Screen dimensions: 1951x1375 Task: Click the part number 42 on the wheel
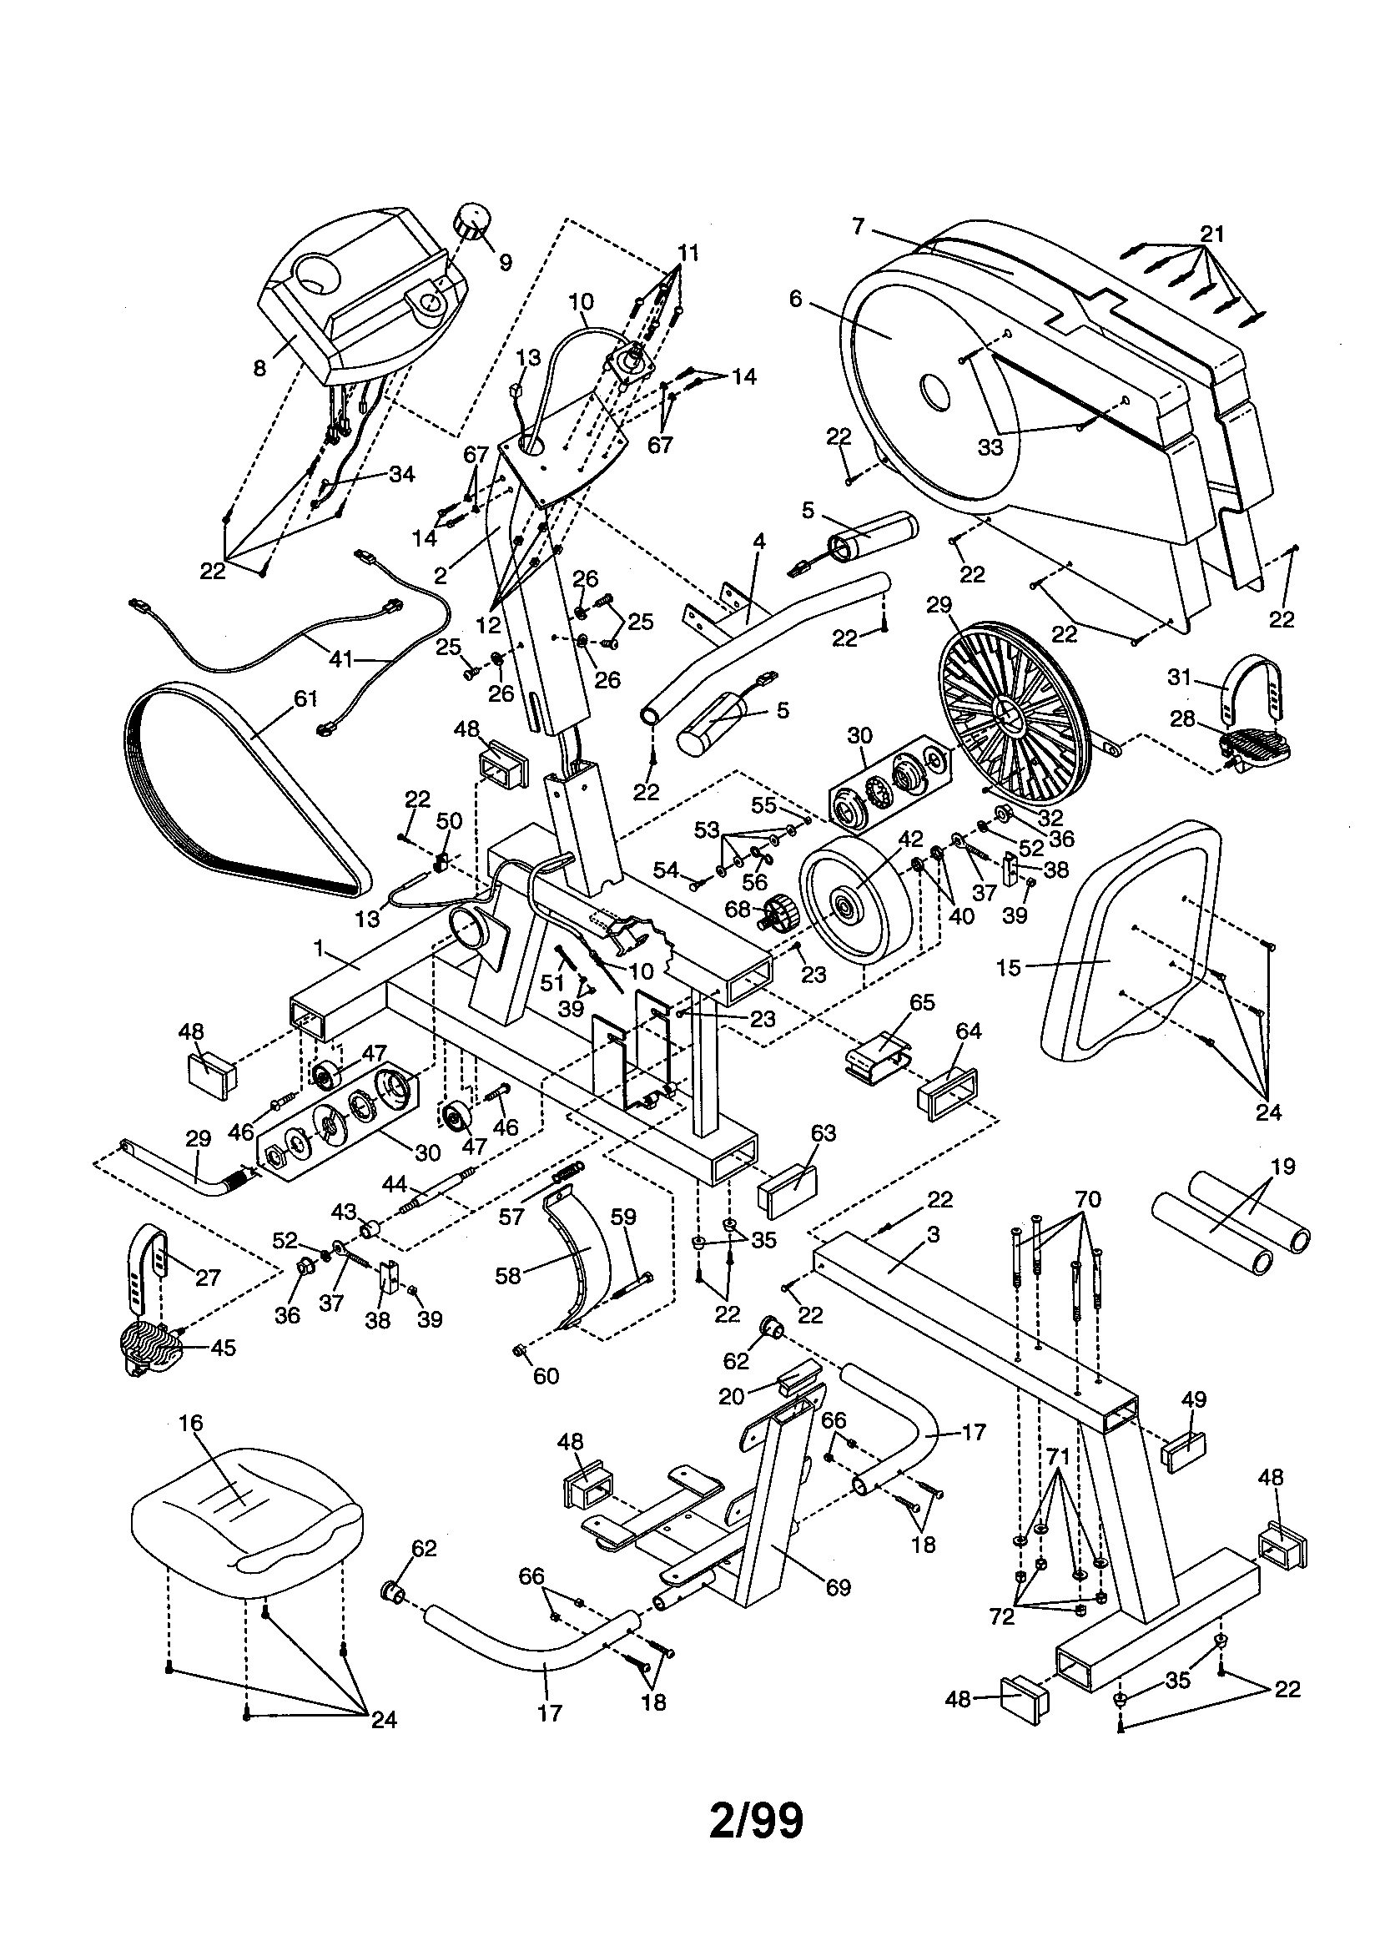point(910,839)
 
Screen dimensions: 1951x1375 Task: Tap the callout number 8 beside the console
point(259,367)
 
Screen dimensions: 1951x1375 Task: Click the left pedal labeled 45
point(153,1347)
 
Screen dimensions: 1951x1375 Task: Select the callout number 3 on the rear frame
point(933,1235)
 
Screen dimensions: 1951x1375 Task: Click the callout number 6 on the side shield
point(795,298)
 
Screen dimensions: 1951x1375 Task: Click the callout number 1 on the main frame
point(319,949)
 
